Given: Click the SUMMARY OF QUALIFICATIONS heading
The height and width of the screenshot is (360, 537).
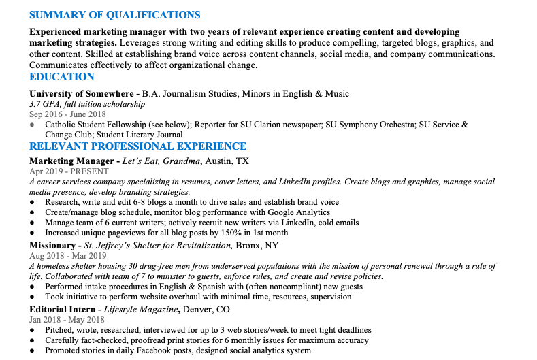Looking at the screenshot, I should [x=115, y=15].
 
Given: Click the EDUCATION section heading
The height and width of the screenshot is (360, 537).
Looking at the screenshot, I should [x=62, y=78].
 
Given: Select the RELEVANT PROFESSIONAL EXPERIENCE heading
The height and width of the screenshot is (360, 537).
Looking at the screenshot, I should [x=137, y=146].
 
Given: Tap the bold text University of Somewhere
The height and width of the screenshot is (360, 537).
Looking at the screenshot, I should [x=82, y=94].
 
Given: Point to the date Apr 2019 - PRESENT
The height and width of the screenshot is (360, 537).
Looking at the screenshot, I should [x=69, y=171].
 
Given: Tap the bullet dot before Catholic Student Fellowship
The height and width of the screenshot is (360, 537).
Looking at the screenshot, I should [x=32, y=125].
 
